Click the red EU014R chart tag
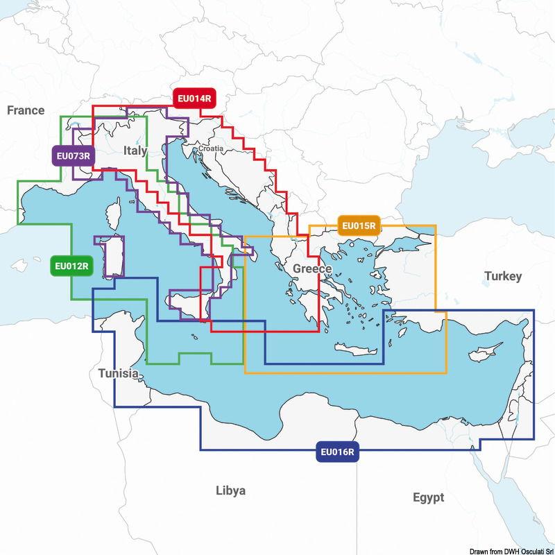click(194, 99)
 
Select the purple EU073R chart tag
click(73, 155)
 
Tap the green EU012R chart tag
click(72, 266)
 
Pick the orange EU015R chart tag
click(358, 225)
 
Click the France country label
click(26, 110)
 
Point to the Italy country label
click(135, 151)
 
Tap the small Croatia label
click(211, 148)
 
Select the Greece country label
click(312, 268)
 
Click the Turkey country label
click(502, 276)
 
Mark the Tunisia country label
click(118, 373)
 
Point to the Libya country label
click(230, 490)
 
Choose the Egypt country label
click(427, 497)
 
